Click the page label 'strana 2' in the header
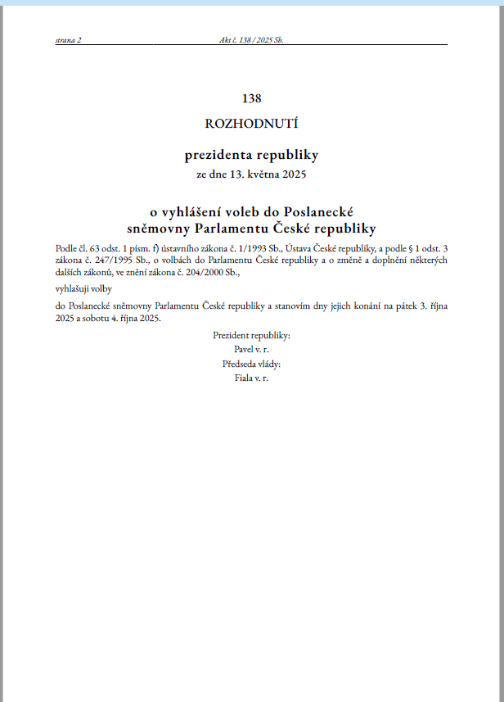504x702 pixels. point(68,39)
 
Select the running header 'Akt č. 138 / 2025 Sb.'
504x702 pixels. point(251,39)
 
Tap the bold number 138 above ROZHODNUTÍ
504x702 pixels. point(251,98)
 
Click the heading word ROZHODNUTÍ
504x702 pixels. point(251,125)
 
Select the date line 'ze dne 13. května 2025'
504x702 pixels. point(251,174)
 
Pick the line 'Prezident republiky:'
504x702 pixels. point(251,336)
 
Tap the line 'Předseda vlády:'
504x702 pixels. point(251,365)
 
